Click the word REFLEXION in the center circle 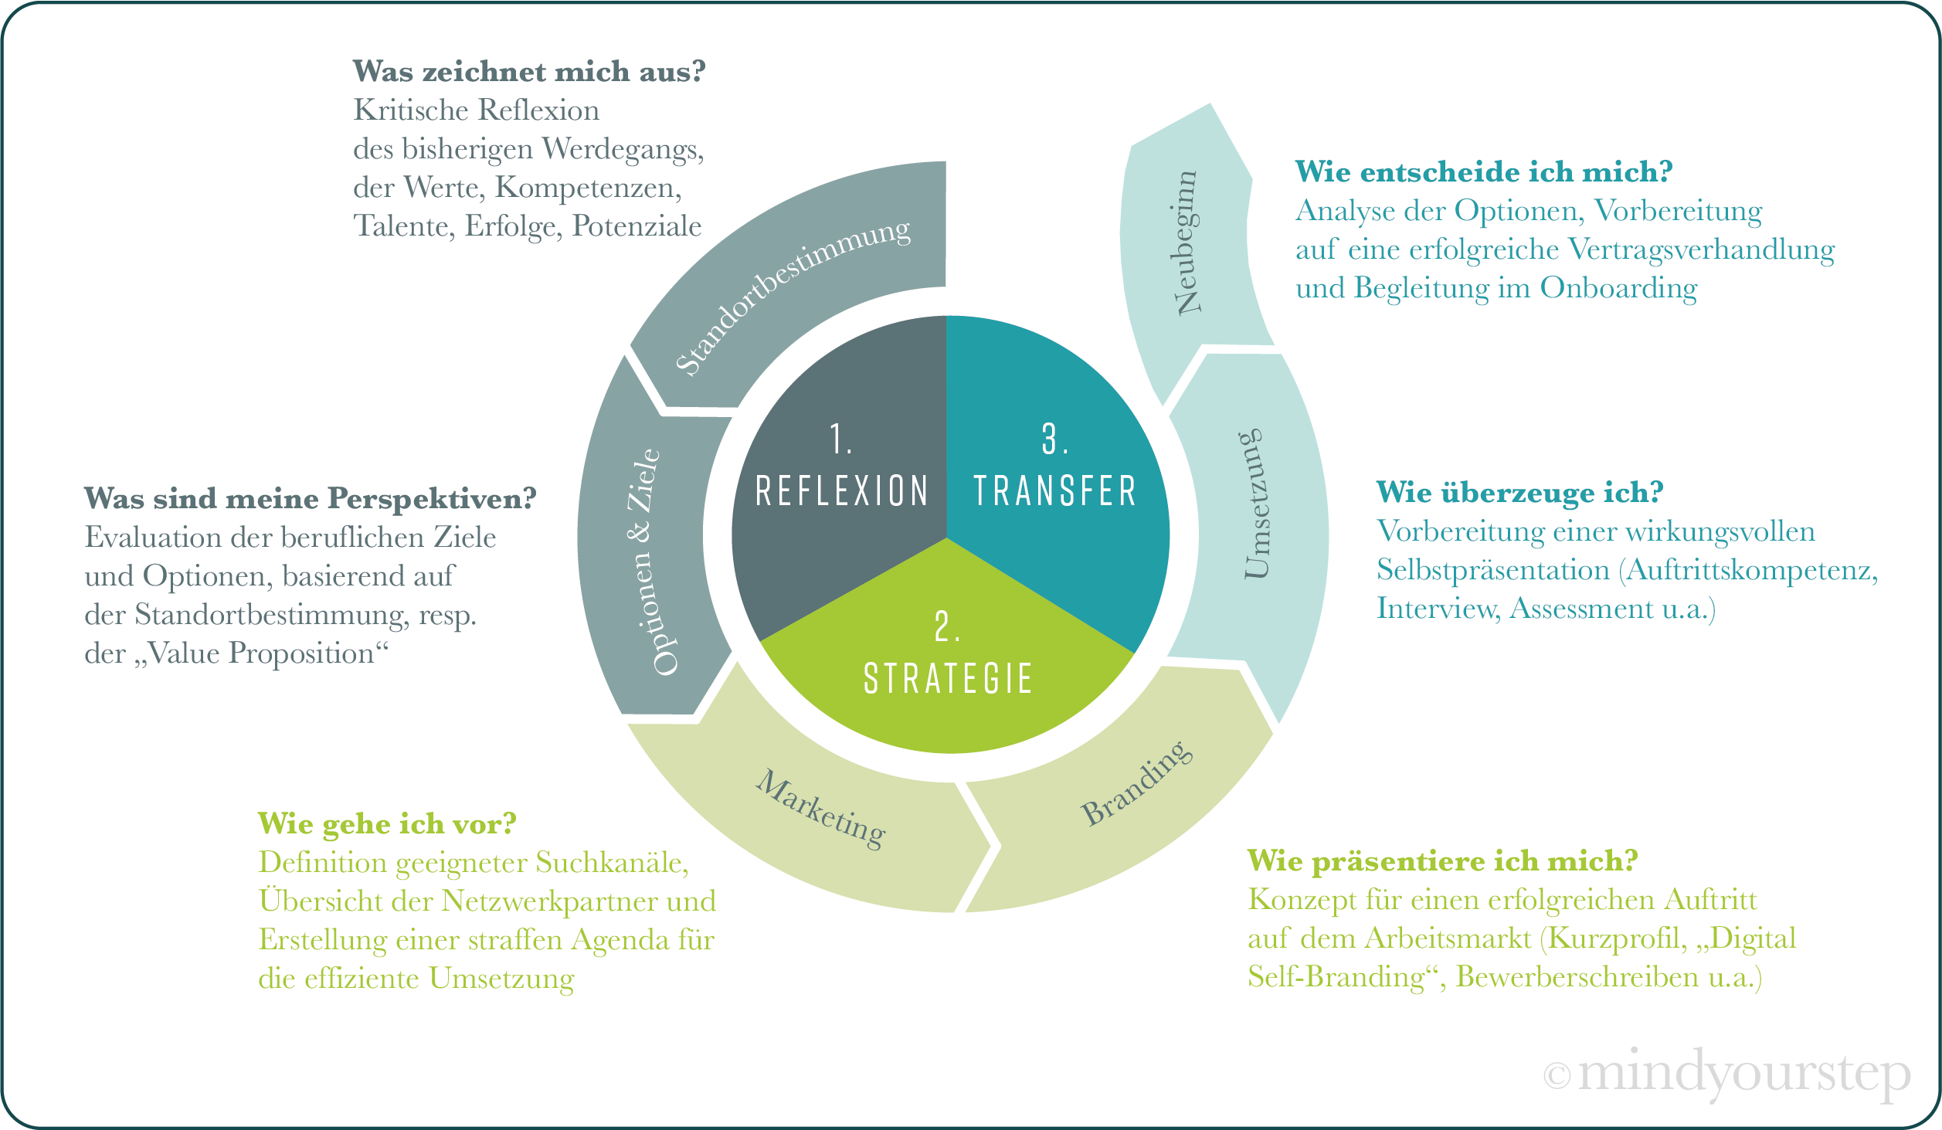click(x=841, y=491)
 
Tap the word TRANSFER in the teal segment click(x=1054, y=491)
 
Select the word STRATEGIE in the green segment click(x=948, y=679)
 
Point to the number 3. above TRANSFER click(x=1054, y=439)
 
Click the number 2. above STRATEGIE click(x=947, y=626)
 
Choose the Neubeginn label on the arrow click(x=1186, y=243)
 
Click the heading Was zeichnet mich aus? click(x=529, y=72)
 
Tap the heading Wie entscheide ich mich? click(x=1483, y=172)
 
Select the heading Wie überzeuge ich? click(x=1519, y=493)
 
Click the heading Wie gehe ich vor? click(x=387, y=824)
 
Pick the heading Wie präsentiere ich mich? click(x=1442, y=861)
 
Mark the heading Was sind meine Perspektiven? click(x=310, y=499)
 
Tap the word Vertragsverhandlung click(x=1702, y=249)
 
